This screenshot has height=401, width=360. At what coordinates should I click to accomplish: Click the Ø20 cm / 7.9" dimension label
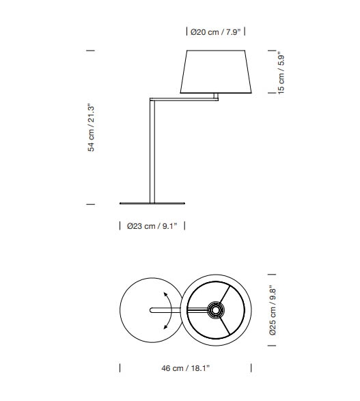coord(216,32)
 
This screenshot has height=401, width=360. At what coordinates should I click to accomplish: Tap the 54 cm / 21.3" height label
coord(92,127)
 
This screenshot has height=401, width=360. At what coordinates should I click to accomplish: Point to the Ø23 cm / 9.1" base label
coord(152,226)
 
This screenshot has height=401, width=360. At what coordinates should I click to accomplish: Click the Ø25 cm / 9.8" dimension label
coord(273,310)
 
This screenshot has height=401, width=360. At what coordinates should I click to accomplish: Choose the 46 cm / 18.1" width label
coord(185,368)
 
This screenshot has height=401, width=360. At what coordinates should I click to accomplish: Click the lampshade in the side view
coord(216,72)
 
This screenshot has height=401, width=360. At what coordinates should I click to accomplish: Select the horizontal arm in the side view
coord(184,100)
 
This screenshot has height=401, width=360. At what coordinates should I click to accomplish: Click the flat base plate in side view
coord(152,204)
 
